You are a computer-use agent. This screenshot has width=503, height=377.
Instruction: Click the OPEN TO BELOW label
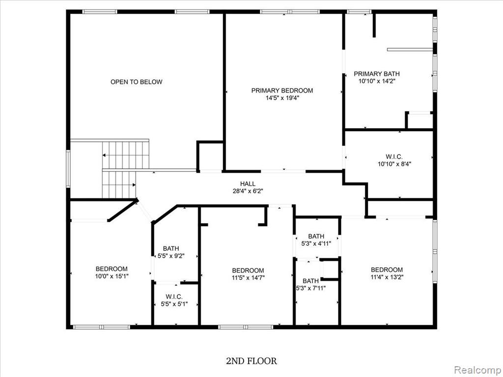137,82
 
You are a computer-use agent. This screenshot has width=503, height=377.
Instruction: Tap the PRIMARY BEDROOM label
282,90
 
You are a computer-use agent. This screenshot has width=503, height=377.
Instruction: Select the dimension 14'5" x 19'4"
282,98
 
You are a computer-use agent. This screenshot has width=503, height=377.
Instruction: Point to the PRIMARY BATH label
377,74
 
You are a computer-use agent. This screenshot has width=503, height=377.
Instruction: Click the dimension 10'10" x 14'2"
377,81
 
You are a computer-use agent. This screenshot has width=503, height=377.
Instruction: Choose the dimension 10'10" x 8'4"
394,164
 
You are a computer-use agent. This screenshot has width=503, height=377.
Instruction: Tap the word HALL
248,184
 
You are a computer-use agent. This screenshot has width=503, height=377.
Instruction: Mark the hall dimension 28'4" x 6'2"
248,191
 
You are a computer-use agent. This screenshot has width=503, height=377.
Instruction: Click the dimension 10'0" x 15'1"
112,276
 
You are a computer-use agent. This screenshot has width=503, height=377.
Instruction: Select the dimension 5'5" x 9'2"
171,256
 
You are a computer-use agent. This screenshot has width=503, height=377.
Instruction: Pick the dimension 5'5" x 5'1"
174,303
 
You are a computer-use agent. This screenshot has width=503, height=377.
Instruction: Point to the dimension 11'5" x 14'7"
248,278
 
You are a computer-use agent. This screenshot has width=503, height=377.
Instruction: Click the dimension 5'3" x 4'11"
316,243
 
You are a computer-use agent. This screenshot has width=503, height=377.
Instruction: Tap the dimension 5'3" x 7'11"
310,288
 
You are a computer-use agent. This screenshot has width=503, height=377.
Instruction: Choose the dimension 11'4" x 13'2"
387,277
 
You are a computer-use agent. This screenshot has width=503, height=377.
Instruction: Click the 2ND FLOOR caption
251,361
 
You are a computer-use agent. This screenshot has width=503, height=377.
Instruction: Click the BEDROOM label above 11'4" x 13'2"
387,269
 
